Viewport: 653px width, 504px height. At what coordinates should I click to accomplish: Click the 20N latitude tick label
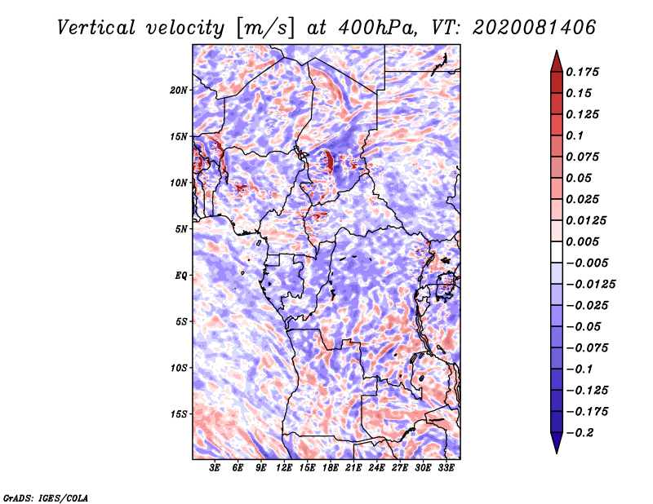coord(179,91)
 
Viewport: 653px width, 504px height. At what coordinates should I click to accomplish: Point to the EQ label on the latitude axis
coord(181,276)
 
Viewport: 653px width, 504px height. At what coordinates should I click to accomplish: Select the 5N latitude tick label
coord(181,229)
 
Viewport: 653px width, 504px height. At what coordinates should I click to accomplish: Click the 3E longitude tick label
coord(215,468)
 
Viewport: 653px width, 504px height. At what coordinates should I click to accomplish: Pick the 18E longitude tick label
coord(331,468)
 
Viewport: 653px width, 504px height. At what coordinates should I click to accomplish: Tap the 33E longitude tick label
coord(446,468)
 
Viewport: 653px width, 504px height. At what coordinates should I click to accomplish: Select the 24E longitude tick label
coord(376,468)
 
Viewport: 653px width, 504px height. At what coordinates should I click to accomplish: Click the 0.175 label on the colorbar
coord(583,72)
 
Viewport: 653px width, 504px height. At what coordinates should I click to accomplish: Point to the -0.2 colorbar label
coord(580,433)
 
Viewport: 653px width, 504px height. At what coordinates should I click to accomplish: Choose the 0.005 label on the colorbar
coord(583,241)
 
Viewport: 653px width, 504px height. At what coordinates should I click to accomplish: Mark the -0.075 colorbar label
coord(587,348)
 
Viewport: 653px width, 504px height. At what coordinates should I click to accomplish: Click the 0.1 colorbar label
coord(575,135)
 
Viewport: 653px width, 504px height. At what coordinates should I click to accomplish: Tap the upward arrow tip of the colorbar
coord(557,51)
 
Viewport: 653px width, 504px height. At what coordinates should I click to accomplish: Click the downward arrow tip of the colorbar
coord(557,453)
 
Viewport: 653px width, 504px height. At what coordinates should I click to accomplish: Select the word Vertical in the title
coord(96,28)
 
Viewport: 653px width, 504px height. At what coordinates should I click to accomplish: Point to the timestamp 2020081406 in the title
coord(535,28)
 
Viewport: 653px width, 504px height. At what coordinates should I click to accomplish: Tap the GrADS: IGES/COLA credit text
coord(46,498)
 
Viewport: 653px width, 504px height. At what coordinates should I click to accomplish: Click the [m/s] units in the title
coord(265,28)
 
